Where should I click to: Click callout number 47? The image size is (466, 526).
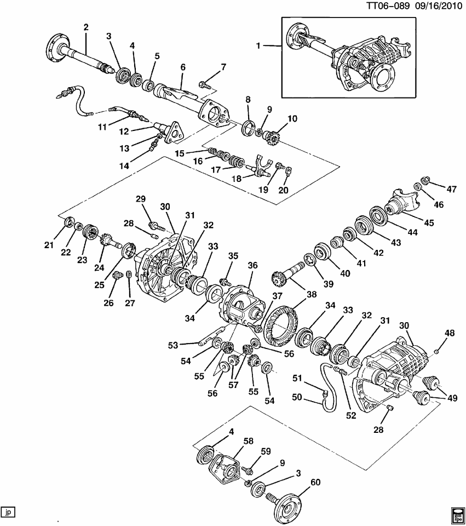pos(451,189)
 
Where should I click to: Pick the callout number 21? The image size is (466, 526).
pos(49,244)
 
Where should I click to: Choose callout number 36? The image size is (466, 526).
pos(252,265)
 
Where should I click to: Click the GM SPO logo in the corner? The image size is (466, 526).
pos(457,514)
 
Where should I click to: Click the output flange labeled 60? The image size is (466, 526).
pos(287,507)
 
